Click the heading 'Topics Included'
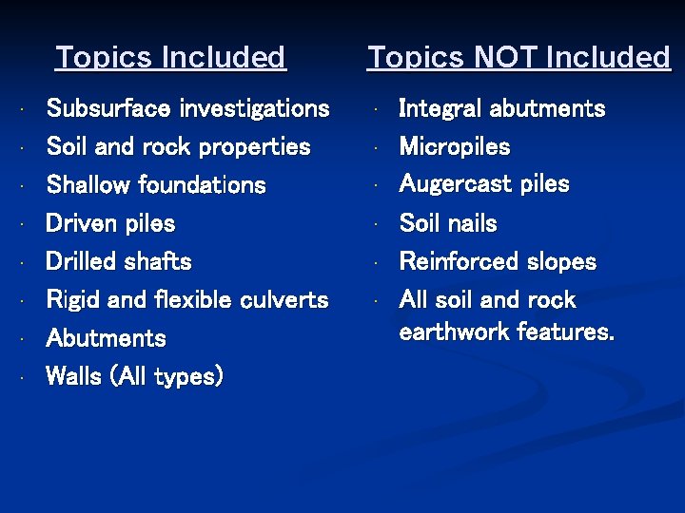pos(170,58)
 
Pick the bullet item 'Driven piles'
pos(110,224)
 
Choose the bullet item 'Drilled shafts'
pos(118,261)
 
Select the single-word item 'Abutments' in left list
pos(106,338)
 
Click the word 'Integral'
pos(440,109)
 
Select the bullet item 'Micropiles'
pos(455,147)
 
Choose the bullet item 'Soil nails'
pos(448,224)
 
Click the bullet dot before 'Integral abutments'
pos(378,109)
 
